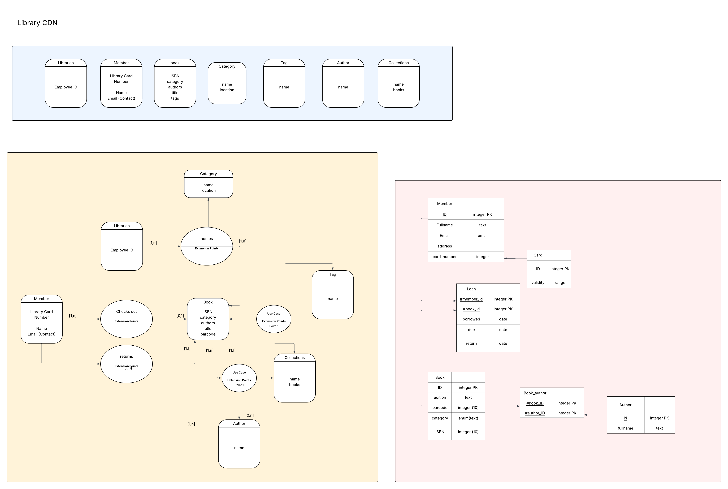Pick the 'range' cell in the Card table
560,282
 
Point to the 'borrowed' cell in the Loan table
471,319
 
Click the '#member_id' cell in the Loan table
471,299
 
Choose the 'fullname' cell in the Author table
625,428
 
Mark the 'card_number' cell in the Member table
444,257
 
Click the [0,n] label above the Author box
249,415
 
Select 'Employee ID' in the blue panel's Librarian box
66,87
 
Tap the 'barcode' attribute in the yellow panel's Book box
208,334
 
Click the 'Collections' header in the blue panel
398,63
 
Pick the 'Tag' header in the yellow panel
332,274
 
